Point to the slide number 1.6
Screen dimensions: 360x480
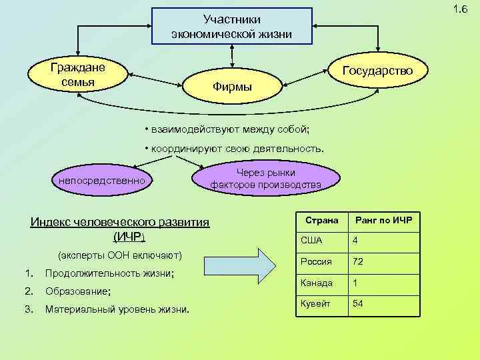click(x=459, y=9)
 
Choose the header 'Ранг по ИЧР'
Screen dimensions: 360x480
click(x=384, y=220)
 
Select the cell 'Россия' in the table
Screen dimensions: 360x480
click(x=316, y=261)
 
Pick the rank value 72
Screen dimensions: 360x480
click(x=358, y=261)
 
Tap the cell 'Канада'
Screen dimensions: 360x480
click(x=317, y=283)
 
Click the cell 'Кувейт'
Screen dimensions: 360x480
click(x=316, y=304)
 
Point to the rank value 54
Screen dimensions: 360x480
click(x=358, y=304)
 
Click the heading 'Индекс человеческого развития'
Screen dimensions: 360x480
click(x=120, y=222)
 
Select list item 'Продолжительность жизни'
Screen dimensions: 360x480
click(x=109, y=273)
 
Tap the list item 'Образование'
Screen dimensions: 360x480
click(x=77, y=291)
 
